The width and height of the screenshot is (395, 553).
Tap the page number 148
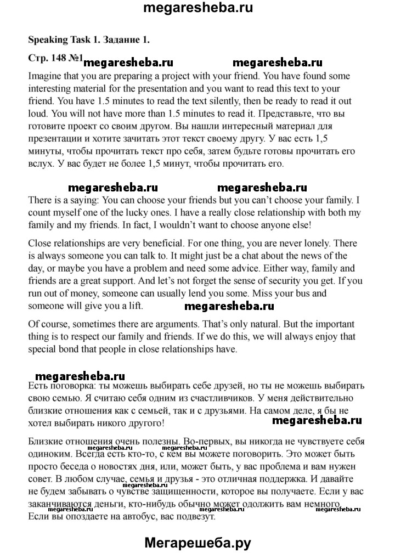[x=57, y=57]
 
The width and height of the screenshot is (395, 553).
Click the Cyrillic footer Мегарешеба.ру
[x=198, y=542]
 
